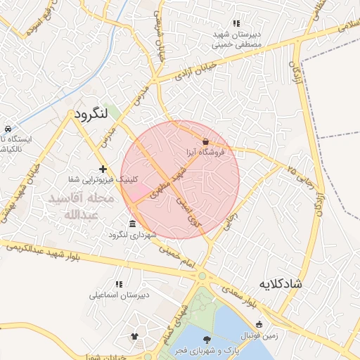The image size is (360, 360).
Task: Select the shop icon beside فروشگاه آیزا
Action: pos(205,141)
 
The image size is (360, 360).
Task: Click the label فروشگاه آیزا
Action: pos(205,152)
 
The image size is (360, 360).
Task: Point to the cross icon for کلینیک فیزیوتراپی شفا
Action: pos(103,169)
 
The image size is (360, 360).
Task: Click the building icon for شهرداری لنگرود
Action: pos(133,224)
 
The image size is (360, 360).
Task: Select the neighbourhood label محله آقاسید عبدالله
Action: pos(79,207)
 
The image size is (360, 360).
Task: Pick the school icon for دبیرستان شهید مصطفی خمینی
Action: pos(236,23)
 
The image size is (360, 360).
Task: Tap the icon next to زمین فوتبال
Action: pos(259,325)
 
